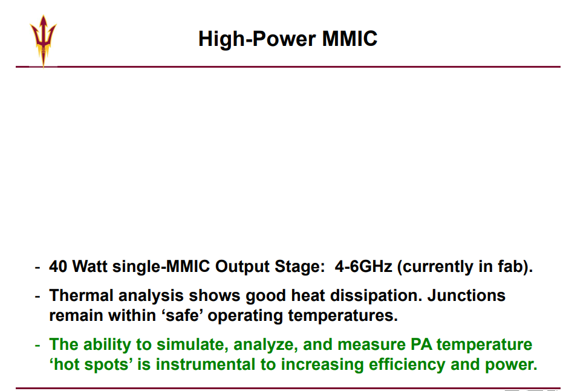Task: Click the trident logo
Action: [43, 41]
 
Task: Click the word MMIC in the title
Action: [350, 39]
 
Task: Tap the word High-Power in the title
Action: [257, 39]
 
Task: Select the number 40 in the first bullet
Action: [58, 267]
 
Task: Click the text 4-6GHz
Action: [363, 267]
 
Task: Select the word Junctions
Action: [466, 296]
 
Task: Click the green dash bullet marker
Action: [37, 345]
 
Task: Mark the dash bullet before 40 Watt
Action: [37, 267]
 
